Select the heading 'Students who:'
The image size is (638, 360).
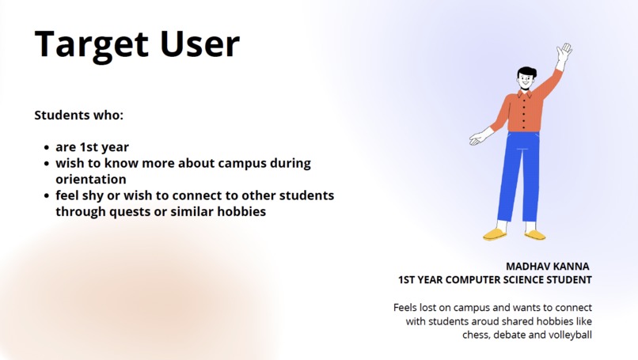coord(79,116)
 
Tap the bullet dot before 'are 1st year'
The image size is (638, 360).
coord(47,148)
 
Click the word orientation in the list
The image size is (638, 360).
coord(90,180)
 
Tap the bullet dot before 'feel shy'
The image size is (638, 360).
coord(47,196)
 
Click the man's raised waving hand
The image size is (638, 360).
coord(564,53)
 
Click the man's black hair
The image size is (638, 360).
coord(526,74)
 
